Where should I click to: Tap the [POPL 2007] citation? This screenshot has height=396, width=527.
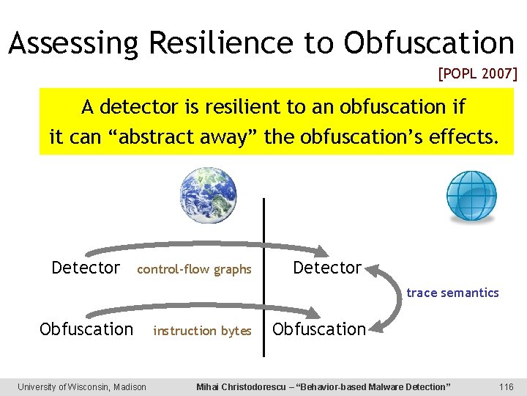pos(477,73)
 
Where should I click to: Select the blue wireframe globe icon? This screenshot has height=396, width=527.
pos(471,195)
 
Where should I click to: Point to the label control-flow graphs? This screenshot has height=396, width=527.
pos(194,270)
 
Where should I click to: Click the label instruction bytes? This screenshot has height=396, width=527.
pos(202,331)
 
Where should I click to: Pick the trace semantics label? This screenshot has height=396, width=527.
pos(452,293)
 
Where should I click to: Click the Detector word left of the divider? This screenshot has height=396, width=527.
pos(86,268)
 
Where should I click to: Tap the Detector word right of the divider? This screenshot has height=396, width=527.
pos(327,268)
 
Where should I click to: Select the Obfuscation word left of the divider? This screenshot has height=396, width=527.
pos(86,329)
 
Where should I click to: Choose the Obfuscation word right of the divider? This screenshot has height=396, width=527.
pos(318,329)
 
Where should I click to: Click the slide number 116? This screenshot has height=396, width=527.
pos(506,386)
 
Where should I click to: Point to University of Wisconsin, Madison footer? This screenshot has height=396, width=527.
pos(82,386)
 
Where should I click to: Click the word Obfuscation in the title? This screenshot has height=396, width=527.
pos(429,43)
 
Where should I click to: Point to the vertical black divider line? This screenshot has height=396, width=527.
pos(263,279)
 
